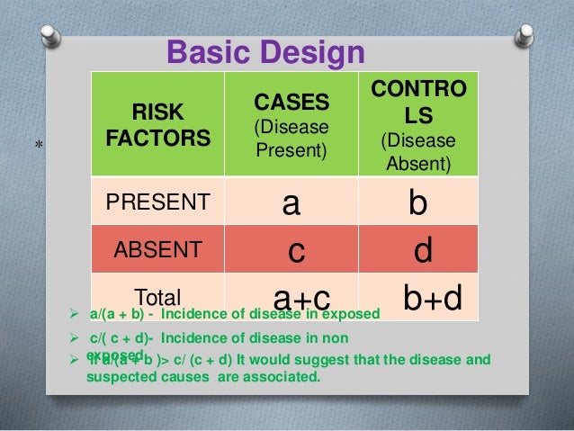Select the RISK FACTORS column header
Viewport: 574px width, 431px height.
click(x=157, y=126)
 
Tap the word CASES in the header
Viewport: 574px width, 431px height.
click(x=291, y=99)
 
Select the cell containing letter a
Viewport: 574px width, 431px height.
click(x=291, y=204)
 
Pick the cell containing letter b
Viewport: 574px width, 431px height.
click(x=417, y=204)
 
